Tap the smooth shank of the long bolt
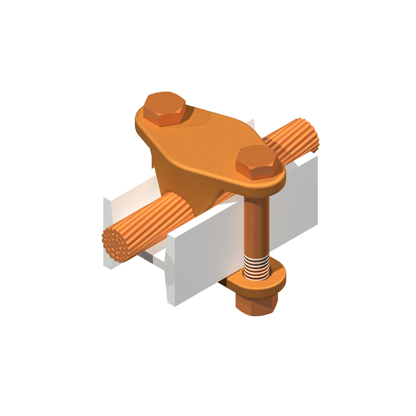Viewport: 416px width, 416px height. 256,218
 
